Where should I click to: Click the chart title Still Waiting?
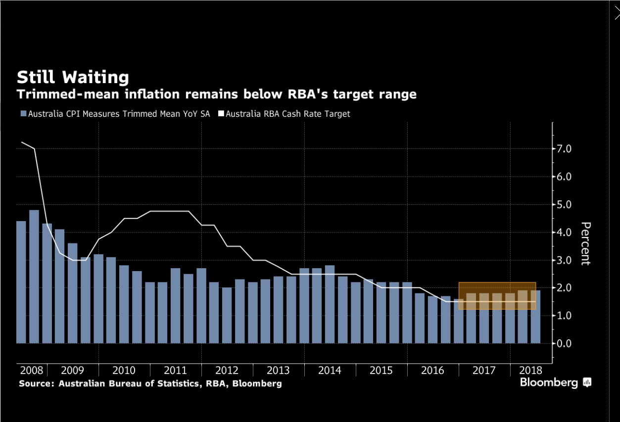point(73,78)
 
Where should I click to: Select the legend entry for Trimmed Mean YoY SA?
point(115,114)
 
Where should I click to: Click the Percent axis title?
point(585,243)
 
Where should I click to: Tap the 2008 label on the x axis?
point(32,371)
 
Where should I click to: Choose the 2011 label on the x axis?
point(175,371)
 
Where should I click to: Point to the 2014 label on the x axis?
point(330,371)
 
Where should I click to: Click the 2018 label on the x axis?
point(530,371)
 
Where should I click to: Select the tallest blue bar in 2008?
point(34,277)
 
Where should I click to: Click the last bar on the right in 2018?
point(535,317)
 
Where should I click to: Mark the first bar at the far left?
point(21,282)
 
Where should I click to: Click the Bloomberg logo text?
point(549,382)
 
